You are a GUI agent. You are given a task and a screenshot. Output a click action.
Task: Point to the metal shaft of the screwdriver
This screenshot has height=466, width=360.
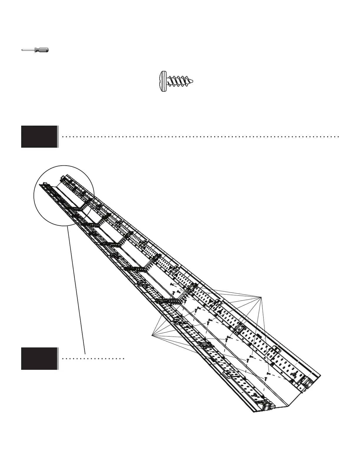[28, 50]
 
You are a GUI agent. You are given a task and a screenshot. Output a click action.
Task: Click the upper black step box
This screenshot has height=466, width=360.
[39, 137]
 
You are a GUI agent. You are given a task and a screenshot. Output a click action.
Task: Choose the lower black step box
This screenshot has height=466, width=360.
[39, 359]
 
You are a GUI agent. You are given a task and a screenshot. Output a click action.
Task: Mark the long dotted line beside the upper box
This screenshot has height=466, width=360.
[200, 137]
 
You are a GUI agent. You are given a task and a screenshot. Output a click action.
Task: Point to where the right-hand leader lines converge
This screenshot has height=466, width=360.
[261, 297]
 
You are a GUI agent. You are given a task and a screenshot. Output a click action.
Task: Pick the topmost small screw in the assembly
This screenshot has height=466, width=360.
[171, 284]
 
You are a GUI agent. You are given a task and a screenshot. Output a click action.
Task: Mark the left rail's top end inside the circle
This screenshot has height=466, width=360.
[44, 185]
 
